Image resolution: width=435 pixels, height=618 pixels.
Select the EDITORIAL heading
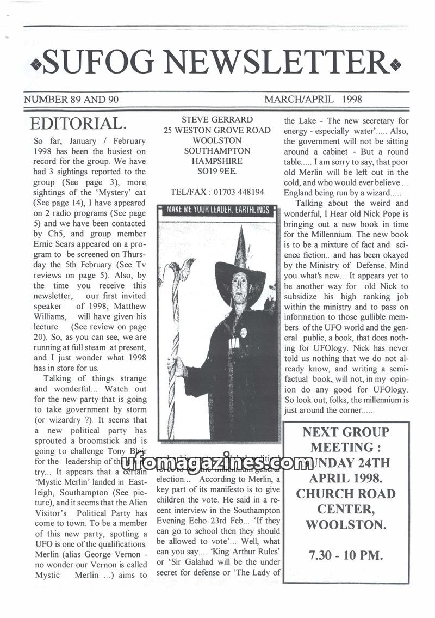click(x=79, y=123)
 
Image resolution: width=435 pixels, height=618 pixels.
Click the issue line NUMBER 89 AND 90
click(x=71, y=100)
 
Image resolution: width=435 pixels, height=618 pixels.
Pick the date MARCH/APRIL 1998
click(x=313, y=100)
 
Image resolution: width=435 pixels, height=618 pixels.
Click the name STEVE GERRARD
click(x=216, y=120)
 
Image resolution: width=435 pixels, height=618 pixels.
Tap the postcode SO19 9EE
click(x=217, y=172)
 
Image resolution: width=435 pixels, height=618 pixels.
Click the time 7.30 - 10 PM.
click(x=346, y=555)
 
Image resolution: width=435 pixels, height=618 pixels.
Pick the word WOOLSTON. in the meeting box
click(x=346, y=525)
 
